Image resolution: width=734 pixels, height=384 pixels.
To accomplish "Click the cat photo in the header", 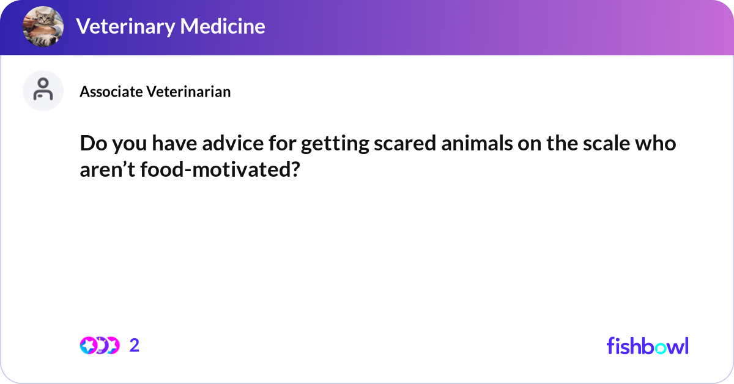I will point(43,27).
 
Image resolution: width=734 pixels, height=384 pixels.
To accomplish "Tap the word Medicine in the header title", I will point(223,27).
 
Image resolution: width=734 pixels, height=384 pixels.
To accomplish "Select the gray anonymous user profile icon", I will point(43,90).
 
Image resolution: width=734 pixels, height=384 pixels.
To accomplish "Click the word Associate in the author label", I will point(111,92).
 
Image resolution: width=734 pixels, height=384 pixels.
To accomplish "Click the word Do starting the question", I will point(92,144).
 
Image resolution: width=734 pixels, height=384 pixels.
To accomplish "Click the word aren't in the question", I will point(108,169).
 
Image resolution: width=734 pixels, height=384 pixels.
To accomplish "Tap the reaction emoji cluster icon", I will point(99,345).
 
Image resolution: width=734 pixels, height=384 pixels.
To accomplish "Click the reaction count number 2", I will point(135,345).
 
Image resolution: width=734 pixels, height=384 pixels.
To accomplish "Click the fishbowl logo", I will point(647,345).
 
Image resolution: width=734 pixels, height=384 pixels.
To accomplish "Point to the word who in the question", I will point(657,144).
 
